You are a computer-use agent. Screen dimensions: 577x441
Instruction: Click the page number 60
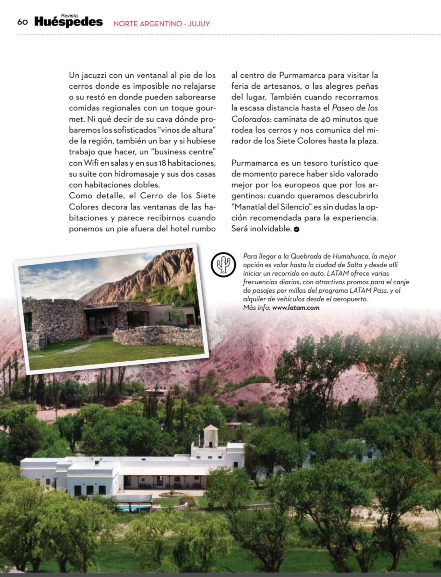click(x=22, y=22)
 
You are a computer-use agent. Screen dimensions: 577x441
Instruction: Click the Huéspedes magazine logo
click(x=68, y=22)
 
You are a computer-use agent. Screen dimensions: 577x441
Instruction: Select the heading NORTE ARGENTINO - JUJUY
click(x=161, y=24)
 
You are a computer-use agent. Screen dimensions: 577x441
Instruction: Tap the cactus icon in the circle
click(x=223, y=265)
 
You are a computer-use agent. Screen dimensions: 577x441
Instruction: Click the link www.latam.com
click(x=296, y=308)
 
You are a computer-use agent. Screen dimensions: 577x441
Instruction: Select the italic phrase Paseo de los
click(x=355, y=108)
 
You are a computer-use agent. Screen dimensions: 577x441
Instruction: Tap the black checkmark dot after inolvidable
click(x=296, y=229)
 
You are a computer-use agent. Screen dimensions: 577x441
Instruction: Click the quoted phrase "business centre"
click(x=184, y=152)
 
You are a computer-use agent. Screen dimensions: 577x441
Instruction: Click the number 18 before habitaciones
click(x=162, y=163)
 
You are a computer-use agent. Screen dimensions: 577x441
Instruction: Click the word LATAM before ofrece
click(x=338, y=273)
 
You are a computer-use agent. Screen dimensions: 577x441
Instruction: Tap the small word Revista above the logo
click(x=69, y=16)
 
